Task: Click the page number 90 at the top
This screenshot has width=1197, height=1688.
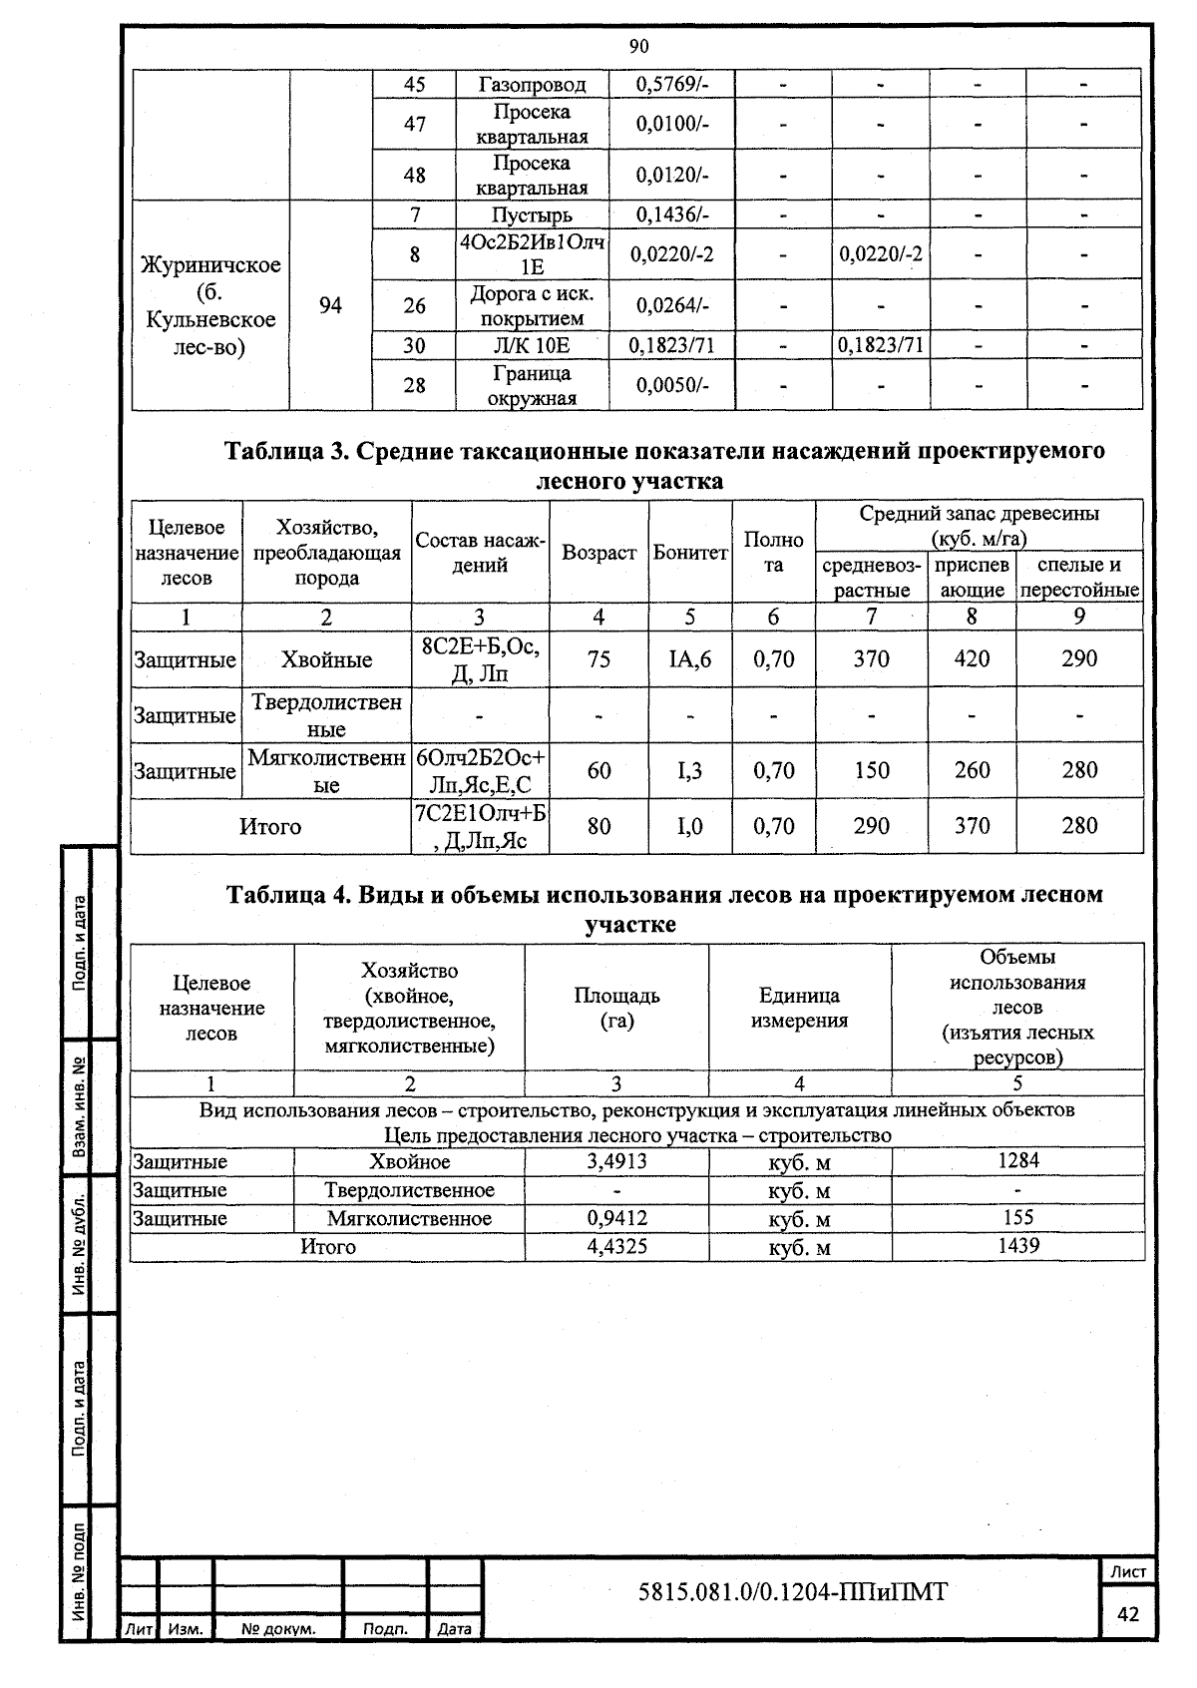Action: click(639, 46)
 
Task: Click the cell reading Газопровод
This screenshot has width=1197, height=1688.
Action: click(532, 85)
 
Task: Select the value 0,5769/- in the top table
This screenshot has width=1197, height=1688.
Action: click(671, 85)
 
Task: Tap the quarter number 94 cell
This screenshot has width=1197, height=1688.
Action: click(330, 305)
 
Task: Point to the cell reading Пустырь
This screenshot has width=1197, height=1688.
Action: click(532, 214)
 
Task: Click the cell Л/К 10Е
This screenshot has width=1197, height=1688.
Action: click(532, 345)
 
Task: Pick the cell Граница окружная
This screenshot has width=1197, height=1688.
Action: click(532, 385)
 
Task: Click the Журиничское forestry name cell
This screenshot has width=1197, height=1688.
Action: click(210, 305)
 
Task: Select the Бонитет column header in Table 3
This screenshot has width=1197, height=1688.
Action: click(689, 553)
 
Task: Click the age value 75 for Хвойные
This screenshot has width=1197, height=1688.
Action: click(598, 659)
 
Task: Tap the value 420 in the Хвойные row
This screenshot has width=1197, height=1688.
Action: click(972, 658)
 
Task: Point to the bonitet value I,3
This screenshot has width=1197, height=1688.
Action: click(689, 770)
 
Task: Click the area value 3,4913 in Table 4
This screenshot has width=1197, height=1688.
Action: click(616, 1161)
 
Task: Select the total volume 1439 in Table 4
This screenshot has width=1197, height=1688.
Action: click(1017, 1245)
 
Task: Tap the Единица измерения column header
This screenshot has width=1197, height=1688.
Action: click(799, 1008)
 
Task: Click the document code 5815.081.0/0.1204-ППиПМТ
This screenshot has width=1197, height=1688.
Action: click(792, 1591)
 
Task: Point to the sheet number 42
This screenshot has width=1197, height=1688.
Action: click(1128, 1614)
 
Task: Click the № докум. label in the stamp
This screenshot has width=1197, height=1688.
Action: click(278, 1629)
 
